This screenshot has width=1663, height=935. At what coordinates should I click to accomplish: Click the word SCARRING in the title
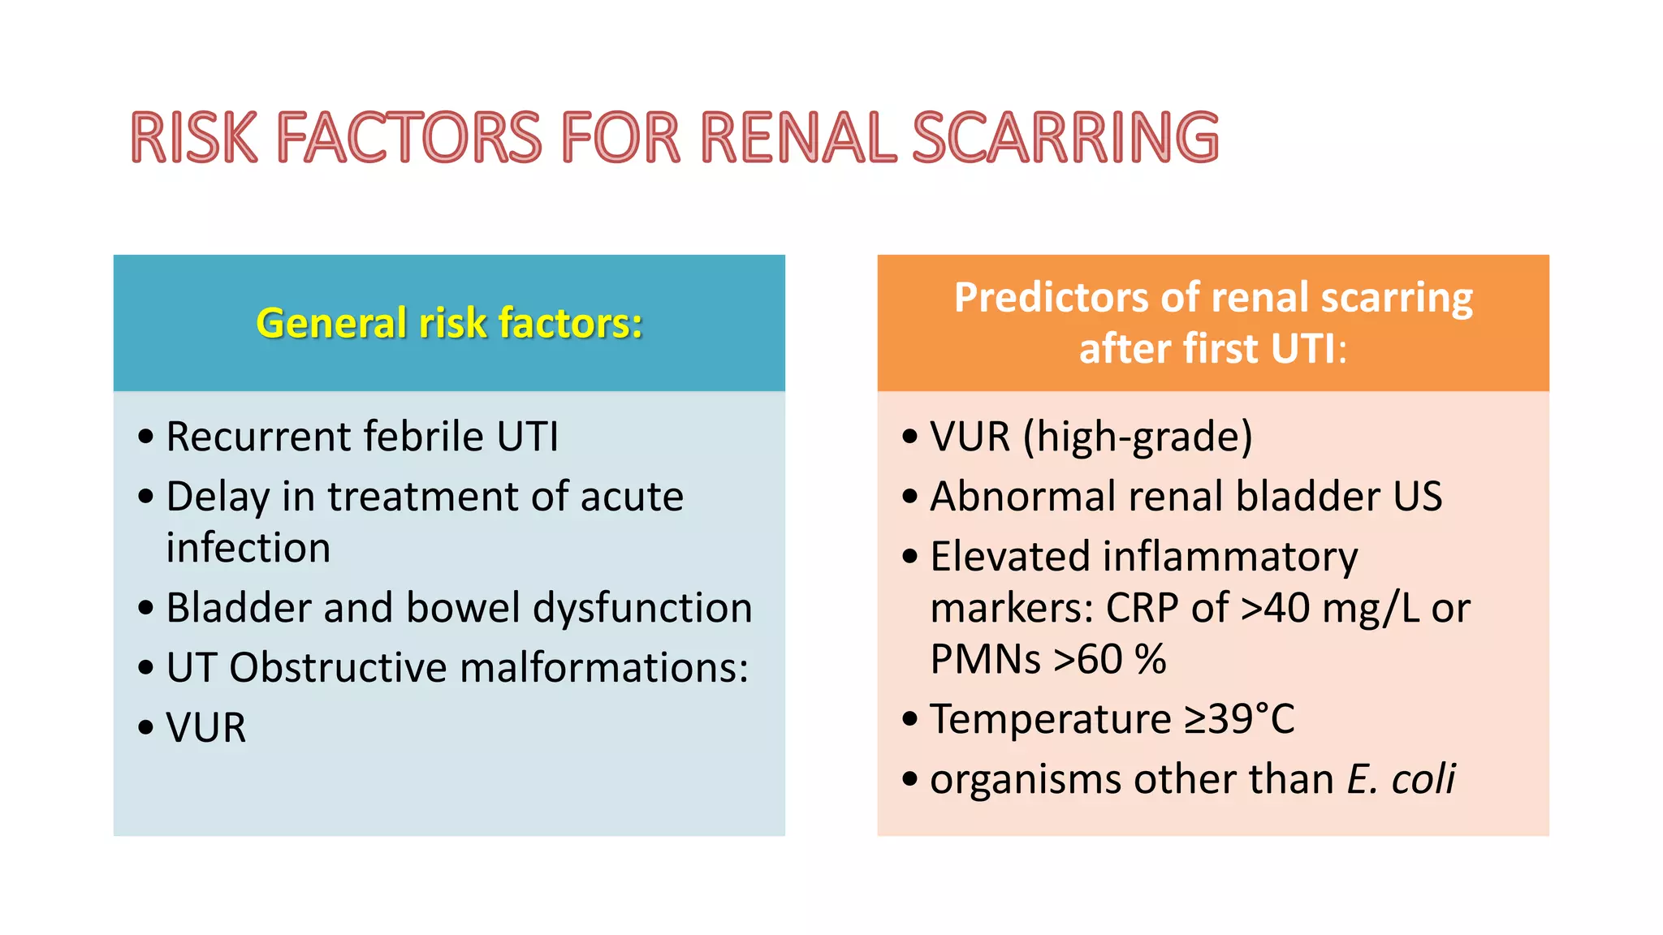click(x=1065, y=138)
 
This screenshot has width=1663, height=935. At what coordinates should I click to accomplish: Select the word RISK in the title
click(x=194, y=138)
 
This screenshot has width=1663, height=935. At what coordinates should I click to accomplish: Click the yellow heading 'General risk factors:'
click(x=449, y=323)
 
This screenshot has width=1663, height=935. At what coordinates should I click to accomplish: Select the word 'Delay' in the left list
click(x=218, y=497)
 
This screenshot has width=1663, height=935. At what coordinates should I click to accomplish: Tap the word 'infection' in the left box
click(x=248, y=548)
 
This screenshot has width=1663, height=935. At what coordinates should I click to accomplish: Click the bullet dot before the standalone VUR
click(x=146, y=727)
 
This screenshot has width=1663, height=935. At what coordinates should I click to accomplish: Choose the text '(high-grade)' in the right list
click(x=1138, y=437)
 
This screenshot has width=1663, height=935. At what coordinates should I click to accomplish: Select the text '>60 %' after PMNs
click(x=1109, y=659)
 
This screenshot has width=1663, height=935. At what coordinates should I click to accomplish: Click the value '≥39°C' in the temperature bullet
click(x=1239, y=719)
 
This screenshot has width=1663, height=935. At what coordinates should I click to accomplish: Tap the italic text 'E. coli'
click(x=1401, y=779)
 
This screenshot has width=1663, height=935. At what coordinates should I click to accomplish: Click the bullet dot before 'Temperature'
click(x=910, y=718)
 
